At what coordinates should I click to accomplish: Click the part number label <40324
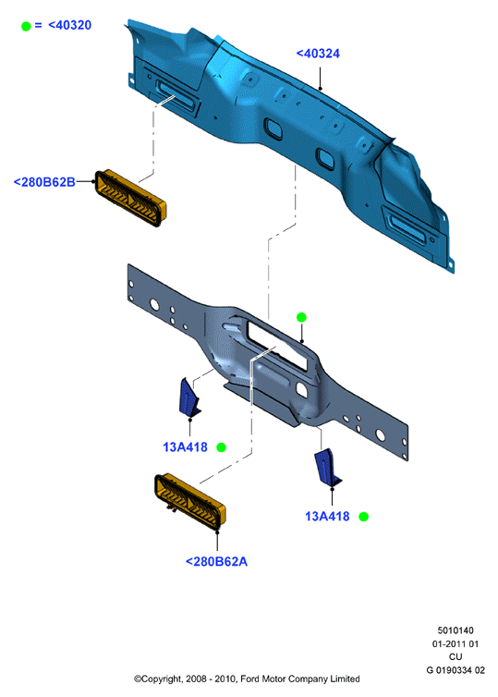pos(318,54)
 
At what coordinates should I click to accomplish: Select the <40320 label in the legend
pos(69,25)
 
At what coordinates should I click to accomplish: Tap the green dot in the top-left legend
pos(26,26)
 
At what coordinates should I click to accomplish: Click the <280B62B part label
pos(44,182)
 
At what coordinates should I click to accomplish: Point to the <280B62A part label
pos(216,561)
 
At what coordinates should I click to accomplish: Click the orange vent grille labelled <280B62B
pos(130,198)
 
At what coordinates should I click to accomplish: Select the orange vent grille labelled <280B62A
pos(190,502)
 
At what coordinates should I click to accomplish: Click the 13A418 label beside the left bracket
pos(185,447)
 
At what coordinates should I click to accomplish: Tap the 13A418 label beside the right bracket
pos(327,517)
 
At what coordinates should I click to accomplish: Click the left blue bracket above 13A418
pos(188,397)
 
